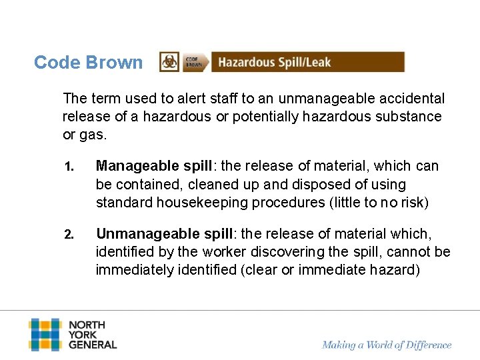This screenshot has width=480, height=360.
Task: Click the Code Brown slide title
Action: click(88, 63)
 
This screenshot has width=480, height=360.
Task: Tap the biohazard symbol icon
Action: click(169, 62)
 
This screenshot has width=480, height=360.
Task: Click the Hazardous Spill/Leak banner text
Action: click(274, 63)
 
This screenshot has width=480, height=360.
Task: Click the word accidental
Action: click(410, 99)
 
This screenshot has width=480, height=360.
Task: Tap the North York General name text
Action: click(92, 335)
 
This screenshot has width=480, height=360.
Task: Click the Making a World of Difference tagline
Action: click(387, 345)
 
